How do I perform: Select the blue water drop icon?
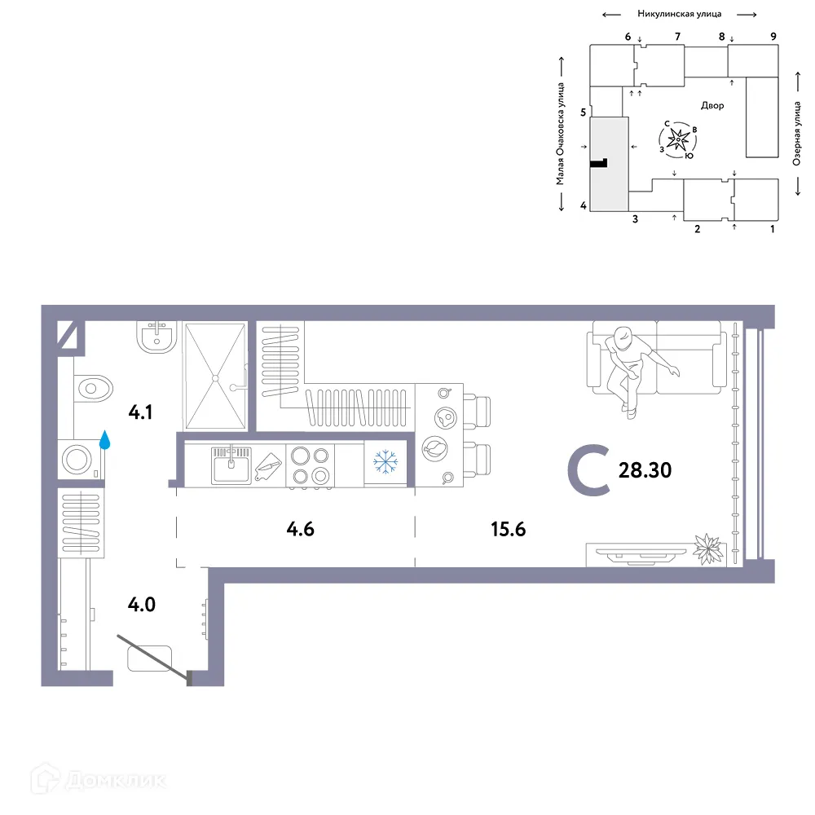pyautogui.click(x=104, y=441)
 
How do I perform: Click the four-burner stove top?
pyautogui.click(x=311, y=465)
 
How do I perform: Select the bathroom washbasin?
pyautogui.click(x=156, y=337)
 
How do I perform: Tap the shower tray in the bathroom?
pyautogui.click(x=215, y=377)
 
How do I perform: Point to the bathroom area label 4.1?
pyautogui.click(x=140, y=412)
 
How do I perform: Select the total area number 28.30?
pyautogui.click(x=645, y=470)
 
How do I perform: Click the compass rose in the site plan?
pyautogui.click(x=677, y=141)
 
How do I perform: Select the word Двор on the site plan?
pyautogui.click(x=711, y=105)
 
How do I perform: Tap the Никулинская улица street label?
pyautogui.click(x=679, y=14)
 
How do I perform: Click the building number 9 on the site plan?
pyautogui.click(x=773, y=36)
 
